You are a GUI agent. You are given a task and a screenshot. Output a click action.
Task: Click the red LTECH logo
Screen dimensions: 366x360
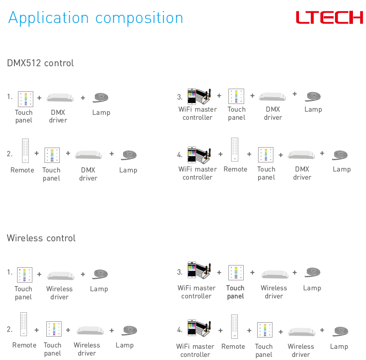pyautogui.click(x=329, y=17)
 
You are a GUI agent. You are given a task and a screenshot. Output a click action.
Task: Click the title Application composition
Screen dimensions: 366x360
pyautogui.click(x=96, y=18)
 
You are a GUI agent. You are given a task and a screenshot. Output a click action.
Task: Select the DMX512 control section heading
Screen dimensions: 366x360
pyautogui.click(x=40, y=63)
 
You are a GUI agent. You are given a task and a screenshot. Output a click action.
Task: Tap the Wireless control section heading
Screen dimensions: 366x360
pyautogui.click(x=41, y=238)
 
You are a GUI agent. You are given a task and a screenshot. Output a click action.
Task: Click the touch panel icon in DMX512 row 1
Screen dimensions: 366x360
pyautogui.click(x=26, y=99)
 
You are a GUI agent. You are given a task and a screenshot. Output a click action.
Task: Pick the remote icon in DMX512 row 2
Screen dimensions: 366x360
pyautogui.click(x=25, y=150)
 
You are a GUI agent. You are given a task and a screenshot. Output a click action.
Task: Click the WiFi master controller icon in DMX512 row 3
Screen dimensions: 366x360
pyautogui.click(x=199, y=96)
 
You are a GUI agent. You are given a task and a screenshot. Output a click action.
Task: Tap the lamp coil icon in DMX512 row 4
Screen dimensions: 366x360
pyautogui.click(x=340, y=155)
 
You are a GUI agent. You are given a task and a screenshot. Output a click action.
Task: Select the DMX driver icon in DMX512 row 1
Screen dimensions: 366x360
pyautogui.click(x=60, y=98)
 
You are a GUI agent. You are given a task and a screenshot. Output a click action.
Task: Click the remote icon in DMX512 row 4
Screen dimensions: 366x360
pyautogui.click(x=235, y=149)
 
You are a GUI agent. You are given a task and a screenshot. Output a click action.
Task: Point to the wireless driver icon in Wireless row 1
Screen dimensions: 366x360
pyautogui.click(x=61, y=276)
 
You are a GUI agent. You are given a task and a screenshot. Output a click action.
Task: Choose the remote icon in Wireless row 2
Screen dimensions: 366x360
pyautogui.click(x=23, y=324)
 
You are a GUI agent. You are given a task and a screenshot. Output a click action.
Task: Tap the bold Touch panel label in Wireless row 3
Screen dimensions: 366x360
pyautogui.click(x=235, y=292)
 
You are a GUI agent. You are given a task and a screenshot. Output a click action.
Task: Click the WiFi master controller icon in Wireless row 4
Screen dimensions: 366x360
pyautogui.click(x=199, y=328)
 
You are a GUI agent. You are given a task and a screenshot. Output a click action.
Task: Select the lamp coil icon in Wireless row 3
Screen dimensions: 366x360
pyautogui.click(x=312, y=272)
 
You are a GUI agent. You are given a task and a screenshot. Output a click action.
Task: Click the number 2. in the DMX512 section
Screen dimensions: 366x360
pyautogui.click(x=9, y=154)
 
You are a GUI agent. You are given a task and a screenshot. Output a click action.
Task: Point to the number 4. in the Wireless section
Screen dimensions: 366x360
pyautogui.click(x=180, y=330)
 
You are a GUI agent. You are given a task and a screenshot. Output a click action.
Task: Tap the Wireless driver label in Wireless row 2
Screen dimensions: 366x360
pyautogui.click(x=87, y=349)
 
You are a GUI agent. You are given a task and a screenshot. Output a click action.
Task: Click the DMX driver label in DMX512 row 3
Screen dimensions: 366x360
pyautogui.click(x=273, y=113)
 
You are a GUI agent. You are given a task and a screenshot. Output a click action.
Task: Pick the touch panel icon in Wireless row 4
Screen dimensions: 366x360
pyautogui.click(x=265, y=330)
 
